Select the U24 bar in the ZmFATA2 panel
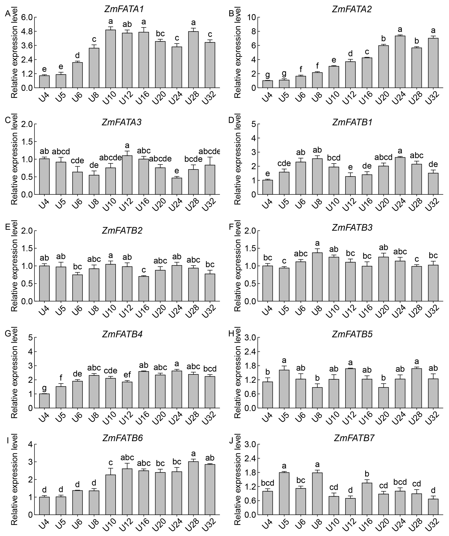(400, 62)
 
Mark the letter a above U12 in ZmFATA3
(127, 146)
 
